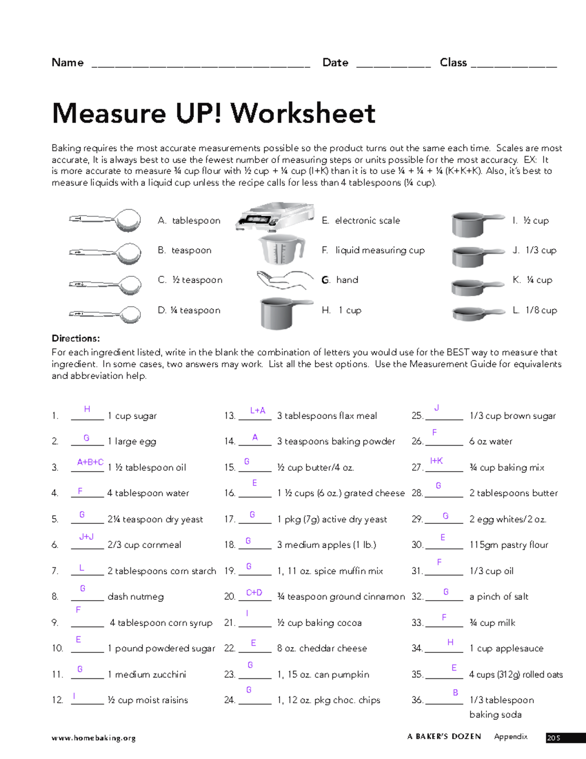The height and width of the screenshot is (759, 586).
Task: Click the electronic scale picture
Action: tap(274, 217)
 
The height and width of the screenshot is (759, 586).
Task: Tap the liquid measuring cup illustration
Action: tap(281, 249)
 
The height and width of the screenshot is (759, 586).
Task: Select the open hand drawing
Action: tap(284, 280)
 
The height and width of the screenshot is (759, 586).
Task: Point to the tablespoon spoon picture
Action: tap(106, 220)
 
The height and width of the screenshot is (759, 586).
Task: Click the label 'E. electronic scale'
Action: tap(361, 220)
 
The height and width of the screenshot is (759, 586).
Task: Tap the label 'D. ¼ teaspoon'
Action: tap(189, 310)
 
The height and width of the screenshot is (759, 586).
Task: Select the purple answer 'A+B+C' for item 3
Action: tap(90, 462)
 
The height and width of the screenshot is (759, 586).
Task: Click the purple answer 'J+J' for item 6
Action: tap(86, 537)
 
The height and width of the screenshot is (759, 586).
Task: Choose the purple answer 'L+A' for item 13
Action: tap(257, 411)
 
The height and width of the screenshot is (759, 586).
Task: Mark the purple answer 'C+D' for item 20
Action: tap(254, 592)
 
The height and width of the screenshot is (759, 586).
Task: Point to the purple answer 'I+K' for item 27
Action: tap(436, 461)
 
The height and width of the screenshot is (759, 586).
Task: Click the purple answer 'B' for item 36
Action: tap(455, 693)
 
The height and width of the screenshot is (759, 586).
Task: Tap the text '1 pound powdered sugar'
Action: tap(161, 649)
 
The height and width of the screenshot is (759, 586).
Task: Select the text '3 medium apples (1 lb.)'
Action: tap(326, 544)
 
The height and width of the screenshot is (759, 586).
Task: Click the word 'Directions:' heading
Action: tap(76, 338)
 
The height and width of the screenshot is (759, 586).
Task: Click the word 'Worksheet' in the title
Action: tap(303, 113)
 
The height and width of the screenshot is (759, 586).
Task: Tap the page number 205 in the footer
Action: tap(553, 738)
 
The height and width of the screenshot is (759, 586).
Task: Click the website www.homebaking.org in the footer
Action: tap(93, 738)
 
